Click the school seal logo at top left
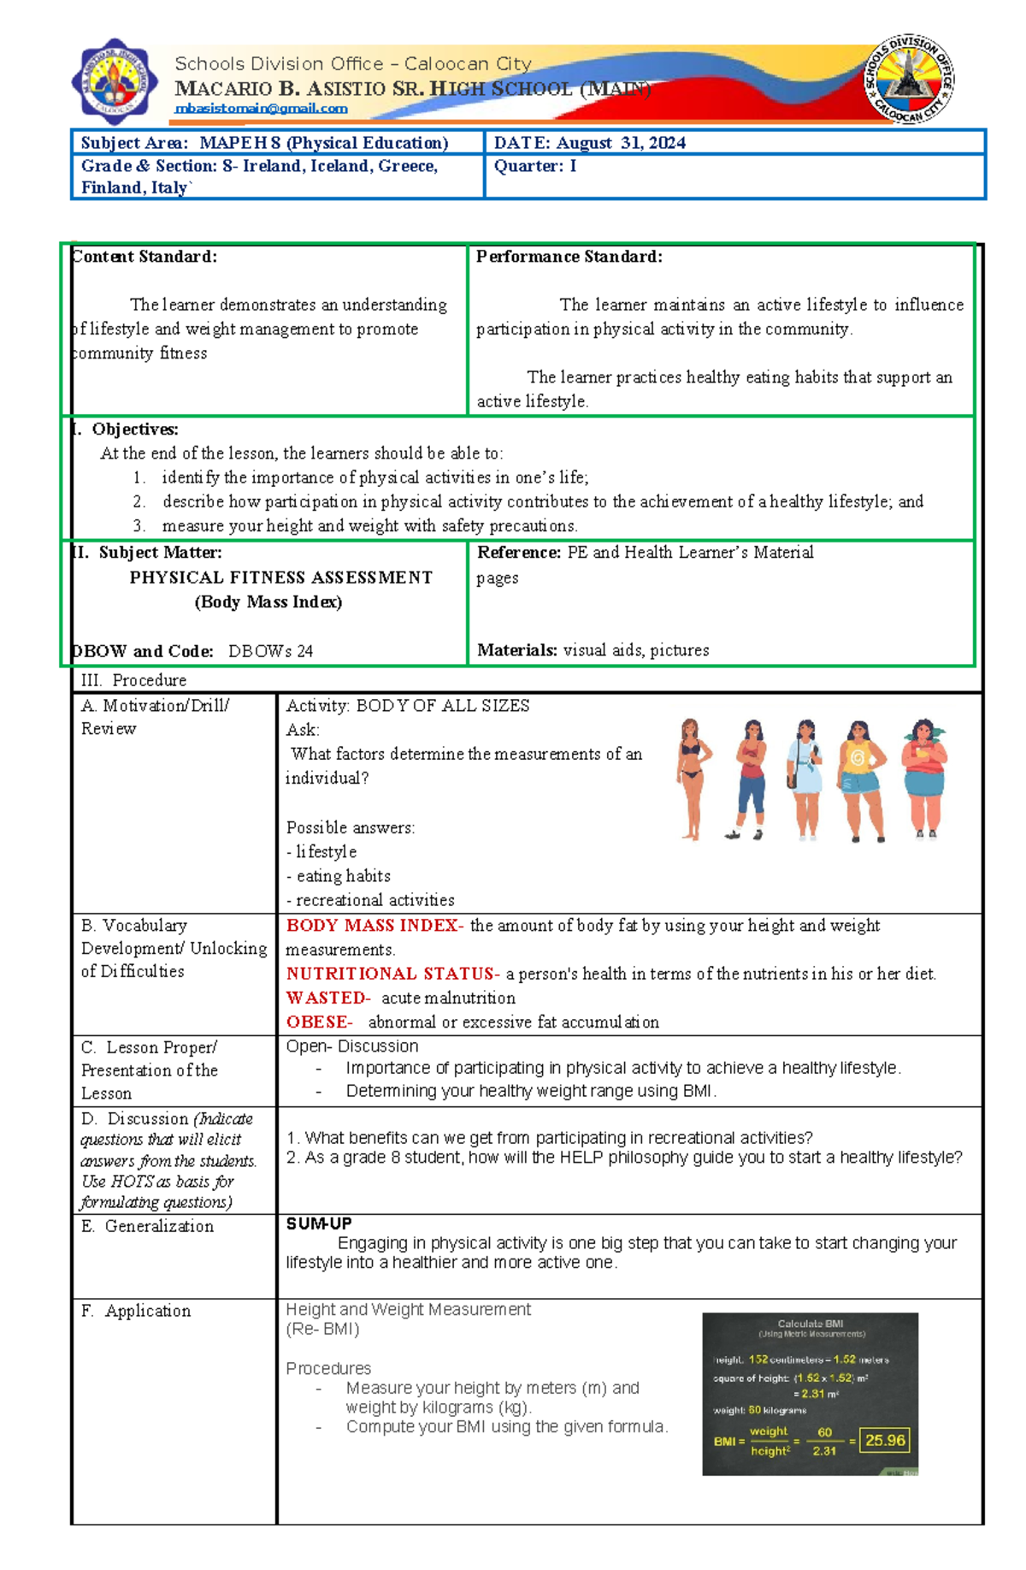coord(115,81)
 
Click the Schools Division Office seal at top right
coord(909,80)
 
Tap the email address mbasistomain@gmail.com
coord(261,109)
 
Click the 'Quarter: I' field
coord(535,166)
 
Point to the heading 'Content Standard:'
coord(144,257)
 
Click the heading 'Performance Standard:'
coord(569,257)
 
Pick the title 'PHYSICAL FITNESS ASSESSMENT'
coord(280,578)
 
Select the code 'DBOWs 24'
coord(270,651)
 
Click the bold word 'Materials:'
coord(517,650)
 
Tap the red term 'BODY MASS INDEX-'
coord(374,926)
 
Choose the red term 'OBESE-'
coord(319,1022)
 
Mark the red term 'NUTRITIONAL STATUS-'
coord(392,974)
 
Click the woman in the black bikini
coord(691,779)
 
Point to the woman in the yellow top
coord(862,779)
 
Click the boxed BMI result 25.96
coord(884,1441)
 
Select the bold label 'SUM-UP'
coord(319,1224)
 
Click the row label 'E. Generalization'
coord(147,1227)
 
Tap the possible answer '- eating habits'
coord(339,876)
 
